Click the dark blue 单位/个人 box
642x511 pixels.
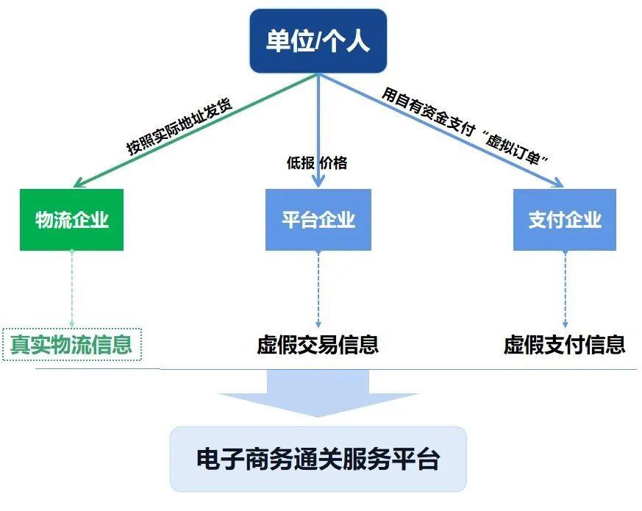pyautogui.click(x=318, y=41)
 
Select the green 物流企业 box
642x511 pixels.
pyautogui.click(x=71, y=219)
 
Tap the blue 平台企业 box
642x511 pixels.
pyautogui.click(x=318, y=219)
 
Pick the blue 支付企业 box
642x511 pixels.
pyautogui.click(x=564, y=219)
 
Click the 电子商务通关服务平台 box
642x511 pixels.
pyautogui.click(x=318, y=460)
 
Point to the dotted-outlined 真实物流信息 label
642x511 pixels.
pyautogui.click(x=71, y=344)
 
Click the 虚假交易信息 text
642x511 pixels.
pyautogui.click(x=318, y=344)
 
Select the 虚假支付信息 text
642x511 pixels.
pyautogui.click(x=564, y=344)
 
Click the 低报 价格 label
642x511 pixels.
pyautogui.click(x=316, y=163)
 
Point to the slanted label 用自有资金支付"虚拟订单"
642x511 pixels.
pyautogui.click(x=466, y=126)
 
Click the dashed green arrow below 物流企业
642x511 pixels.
pyautogui.click(x=71, y=290)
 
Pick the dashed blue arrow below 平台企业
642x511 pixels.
pyautogui.click(x=318, y=290)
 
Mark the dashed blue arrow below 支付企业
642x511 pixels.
pyautogui.click(x=564, y=290)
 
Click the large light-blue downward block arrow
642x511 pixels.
pyautogui.click(x=318, y=393)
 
